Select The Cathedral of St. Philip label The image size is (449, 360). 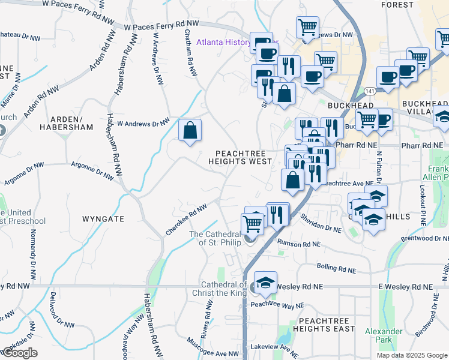tap(215, 238)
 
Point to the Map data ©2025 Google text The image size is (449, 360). tap(412, 355)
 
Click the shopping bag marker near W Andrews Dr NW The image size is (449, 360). tap(190, 130)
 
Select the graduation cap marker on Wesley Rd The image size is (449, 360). tap(264, 283)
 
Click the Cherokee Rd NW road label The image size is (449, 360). tap(185, 220)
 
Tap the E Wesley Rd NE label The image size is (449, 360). tap(406, 287)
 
